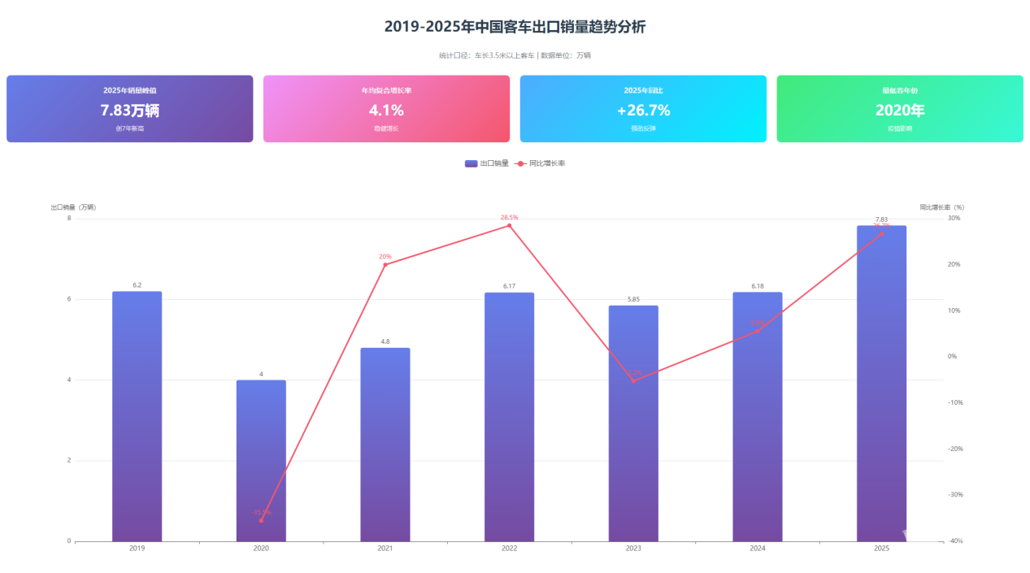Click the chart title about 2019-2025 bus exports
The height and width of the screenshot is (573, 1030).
[x=515, y=27]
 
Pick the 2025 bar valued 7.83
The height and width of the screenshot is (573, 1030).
[x=881, y=383]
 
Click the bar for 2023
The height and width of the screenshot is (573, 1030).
[x=633, y=423]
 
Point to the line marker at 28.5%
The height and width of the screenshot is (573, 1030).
[x=510, y=225]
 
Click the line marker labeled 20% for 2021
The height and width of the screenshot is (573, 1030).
[x=385, y=264]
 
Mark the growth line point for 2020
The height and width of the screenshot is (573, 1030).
[x=261, y=520]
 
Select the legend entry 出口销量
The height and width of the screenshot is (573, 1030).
[x=487, y=163]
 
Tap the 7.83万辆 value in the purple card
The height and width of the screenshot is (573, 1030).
[x=130, y=111]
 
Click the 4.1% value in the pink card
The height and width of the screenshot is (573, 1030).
[x=386, y=111]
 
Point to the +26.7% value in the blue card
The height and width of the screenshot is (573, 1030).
[x=643, y=111]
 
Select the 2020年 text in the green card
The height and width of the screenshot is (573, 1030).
[x=900, y=111]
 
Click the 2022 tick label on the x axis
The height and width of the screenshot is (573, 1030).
[x=510, y=549]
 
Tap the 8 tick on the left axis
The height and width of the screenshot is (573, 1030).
[x=69, y=218]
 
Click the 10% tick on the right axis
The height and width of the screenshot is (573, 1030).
[x=953, y=310]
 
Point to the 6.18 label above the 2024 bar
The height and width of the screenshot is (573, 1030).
[x=758, y=286]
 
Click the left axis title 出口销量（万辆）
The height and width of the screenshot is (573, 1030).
[x=73, y=207]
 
